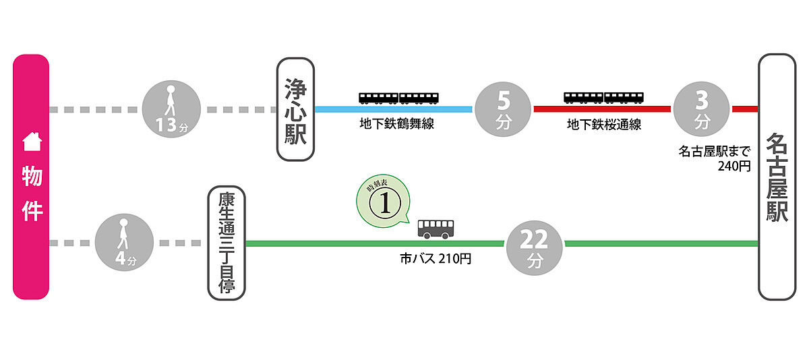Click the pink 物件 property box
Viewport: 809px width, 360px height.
coord(31,177)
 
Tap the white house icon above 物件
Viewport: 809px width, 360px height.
coord(32,142)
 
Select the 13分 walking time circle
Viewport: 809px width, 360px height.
coord(171,109)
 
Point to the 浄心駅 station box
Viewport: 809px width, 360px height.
coord(295,109)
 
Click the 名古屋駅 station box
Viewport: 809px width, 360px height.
coord(777,177)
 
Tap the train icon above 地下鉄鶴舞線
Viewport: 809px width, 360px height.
coord(399,98)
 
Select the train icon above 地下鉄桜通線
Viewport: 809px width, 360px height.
coord(603,98)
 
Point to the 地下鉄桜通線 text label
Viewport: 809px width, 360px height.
coord(603,125)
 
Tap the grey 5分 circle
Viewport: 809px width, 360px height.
coord(504,109)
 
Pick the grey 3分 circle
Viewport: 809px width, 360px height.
coord(702,109)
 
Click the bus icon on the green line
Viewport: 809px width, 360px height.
coord(436,229)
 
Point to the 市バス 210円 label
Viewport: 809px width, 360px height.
coord(436,258)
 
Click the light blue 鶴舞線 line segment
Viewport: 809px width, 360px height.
coord(394,109)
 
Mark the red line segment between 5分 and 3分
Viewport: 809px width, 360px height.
coord(602,109)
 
